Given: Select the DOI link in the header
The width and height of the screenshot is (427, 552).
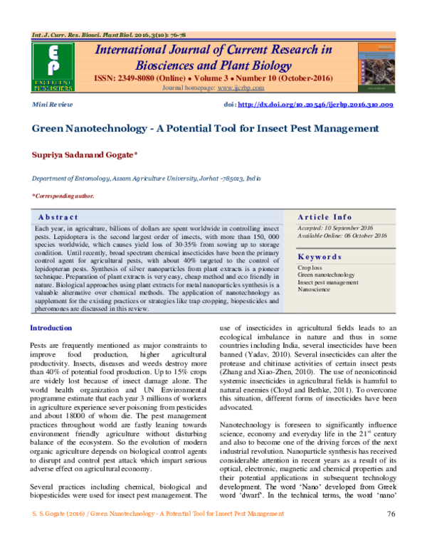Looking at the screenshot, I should tap(318, 104).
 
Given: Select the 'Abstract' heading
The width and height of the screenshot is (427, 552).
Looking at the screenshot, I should tap(57, 216).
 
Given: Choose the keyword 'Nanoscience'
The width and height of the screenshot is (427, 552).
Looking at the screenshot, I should tap(313, 290).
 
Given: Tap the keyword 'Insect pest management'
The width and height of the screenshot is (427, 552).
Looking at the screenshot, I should tap(329, 282).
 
